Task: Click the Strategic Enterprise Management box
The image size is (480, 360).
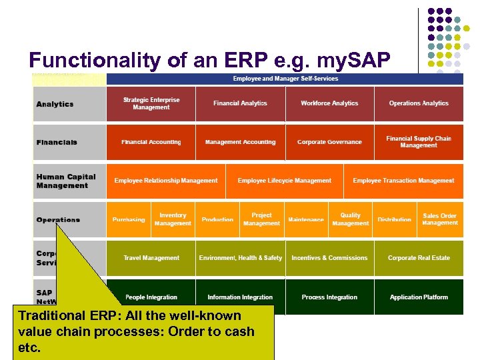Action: click(x=151, y=103)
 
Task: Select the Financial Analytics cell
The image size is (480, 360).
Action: click(x=240, y=103)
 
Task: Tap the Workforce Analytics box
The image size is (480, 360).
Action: click(x=329, y=103)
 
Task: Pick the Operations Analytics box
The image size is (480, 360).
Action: click(x=419, y=103)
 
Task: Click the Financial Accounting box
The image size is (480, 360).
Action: click(x=151, y=142)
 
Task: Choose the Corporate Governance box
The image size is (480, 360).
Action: click(x=329, y=142)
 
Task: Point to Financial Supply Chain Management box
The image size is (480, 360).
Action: click(x=419, y=142)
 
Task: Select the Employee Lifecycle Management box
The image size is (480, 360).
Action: click(x=284, y=181)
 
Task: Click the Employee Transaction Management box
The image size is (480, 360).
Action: click(x=403, y=181)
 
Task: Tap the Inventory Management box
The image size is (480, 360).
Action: click(x=173, y=219)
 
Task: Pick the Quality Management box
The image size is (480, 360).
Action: click(x=350, y=219)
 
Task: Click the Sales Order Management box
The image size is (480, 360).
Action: click(x=439, y=219)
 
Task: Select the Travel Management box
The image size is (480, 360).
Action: click(x=151, y=258)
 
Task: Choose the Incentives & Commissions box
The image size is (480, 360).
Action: click(x=329, y=258)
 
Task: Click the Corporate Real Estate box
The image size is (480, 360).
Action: click(x=419, y=258)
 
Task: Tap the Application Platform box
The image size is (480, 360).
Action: click(x=419, y=297)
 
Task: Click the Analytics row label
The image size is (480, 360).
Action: click(x=55, y=104)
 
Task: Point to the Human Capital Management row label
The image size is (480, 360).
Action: click(x=66, y=181)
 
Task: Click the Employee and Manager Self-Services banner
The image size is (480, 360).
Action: click(x=285, y=79)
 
